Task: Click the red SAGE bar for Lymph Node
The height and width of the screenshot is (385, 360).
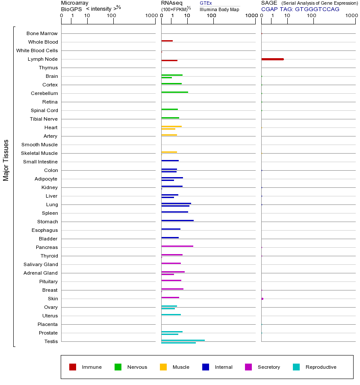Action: (272, 59)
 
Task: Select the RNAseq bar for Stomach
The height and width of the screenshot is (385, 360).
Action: (177, 220)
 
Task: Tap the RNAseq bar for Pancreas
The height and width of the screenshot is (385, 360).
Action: (177, 246)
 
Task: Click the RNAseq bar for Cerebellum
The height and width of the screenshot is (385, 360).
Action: (174, 92)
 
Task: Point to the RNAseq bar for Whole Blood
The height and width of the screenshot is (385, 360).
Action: (167, 41)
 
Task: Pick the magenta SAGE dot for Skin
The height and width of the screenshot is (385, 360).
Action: (262, 299)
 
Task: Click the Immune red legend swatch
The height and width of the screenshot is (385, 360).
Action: (73, 367)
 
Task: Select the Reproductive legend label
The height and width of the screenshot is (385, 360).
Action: (321, 367)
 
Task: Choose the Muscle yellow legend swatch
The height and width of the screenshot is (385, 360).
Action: (163, 367)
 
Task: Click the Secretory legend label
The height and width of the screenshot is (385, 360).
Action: (269, 367)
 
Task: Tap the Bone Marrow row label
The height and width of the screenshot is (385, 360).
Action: (42, 33)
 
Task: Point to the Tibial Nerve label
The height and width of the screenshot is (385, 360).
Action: (44, 119)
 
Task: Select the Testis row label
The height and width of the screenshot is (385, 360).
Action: (51, 341)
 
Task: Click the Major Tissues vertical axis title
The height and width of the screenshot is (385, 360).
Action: (6, 160)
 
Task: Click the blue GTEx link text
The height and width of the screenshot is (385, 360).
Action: (206, 3)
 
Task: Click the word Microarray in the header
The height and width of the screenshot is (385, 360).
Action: (75, 3)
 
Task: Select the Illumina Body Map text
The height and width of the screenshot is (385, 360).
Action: (219, 9)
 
